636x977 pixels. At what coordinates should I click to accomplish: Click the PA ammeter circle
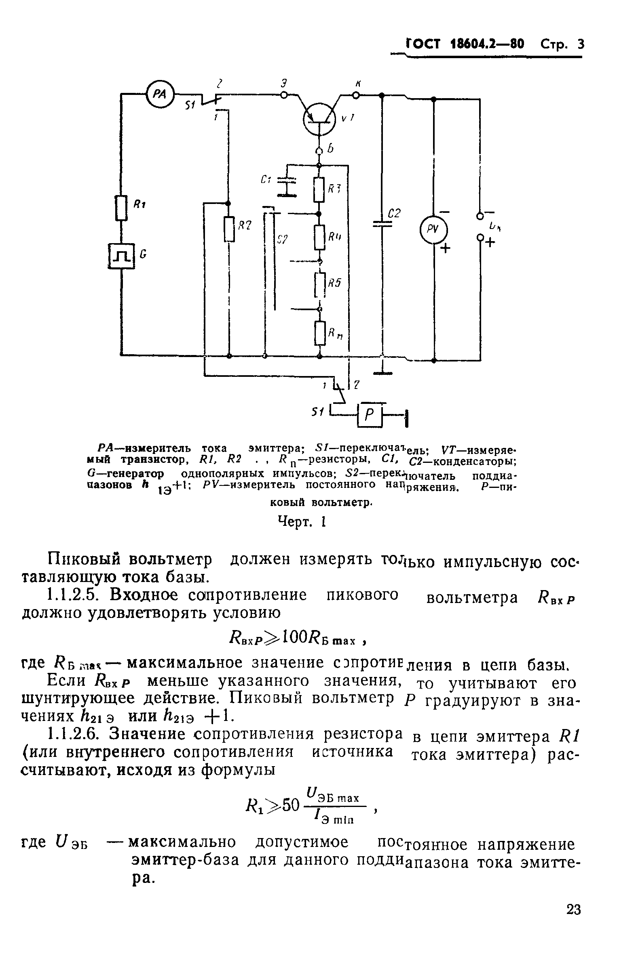160,95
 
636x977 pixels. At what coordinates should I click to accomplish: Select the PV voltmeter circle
433,229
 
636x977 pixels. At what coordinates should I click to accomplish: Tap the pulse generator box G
121,256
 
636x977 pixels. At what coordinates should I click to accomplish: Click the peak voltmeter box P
370,416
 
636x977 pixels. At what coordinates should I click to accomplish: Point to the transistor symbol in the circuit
320,119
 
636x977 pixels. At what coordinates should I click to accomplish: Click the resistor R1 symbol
121,208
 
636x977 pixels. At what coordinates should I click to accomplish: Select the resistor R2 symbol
229,229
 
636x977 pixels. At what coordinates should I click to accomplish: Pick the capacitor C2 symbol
382,224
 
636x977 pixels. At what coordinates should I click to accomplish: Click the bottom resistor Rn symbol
320,333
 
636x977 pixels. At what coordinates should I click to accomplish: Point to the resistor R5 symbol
320,284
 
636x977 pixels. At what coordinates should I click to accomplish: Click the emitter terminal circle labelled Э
283,95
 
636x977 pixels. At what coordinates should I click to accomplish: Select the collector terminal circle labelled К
356,96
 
